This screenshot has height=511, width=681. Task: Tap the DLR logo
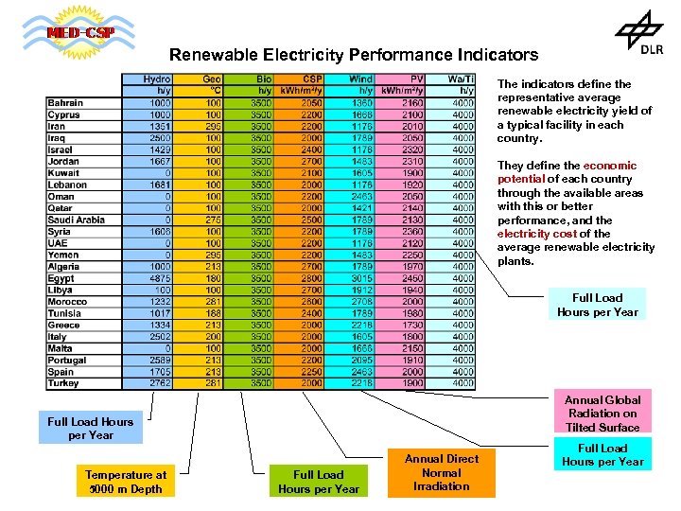[x=639, y=35]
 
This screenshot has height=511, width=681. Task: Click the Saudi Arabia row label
[x=77, y=220]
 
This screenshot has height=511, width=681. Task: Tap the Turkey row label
[x=63, y=383]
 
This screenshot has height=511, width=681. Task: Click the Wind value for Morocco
[x=360, y=302]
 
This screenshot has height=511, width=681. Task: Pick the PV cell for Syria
[x=411, y=231]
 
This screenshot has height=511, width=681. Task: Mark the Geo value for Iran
[x=213, y=127]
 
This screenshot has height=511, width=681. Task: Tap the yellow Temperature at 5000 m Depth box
[x=125, y=482]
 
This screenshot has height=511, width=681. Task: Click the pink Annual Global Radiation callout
[x=602, y=414]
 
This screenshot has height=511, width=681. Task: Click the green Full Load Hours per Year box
[x=318, y=482]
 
